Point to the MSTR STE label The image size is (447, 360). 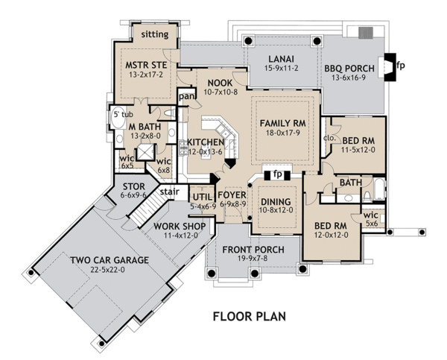150,66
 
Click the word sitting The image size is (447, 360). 155,34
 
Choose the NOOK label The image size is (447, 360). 219,82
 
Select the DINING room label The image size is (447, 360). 275,201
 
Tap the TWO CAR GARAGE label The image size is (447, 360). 110,260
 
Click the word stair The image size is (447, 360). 171,192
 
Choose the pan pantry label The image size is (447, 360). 186,96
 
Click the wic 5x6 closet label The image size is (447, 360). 370,217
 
